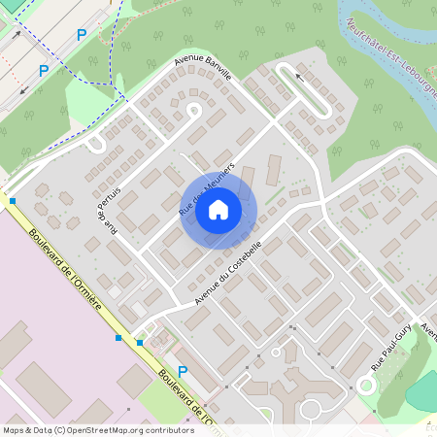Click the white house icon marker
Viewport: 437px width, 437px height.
218,209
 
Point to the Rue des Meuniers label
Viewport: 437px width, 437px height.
201,192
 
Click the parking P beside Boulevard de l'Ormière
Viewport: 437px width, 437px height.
182,371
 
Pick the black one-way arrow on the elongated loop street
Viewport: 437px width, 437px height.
299,76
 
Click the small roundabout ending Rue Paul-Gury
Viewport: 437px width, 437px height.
366,385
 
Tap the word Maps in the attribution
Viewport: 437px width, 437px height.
13,429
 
